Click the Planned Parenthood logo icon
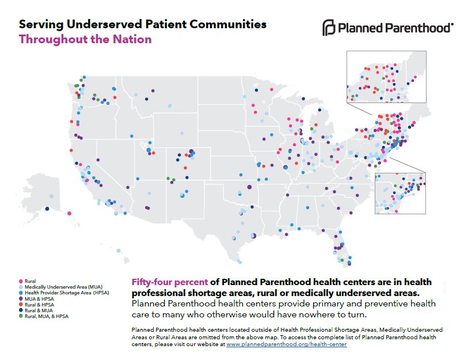pyautogui.click(x=328, y=27)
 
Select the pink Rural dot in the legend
pyautogui.click(x=21, y=281)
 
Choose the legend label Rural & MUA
pyautogui.click(x=40, y=310)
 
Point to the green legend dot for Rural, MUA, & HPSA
pyautogui.click(x=21, y=316)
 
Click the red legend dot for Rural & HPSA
pyautogui.click(x=21, y=304)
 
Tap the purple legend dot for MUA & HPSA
pyautogui.click(x=21, y=298)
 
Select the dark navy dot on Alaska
pyautogui.click(x=50, y=214)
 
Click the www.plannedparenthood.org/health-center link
pyautogui.click(x=287, y=344)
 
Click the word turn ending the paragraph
pyautogui.click(x=356, y=314)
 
